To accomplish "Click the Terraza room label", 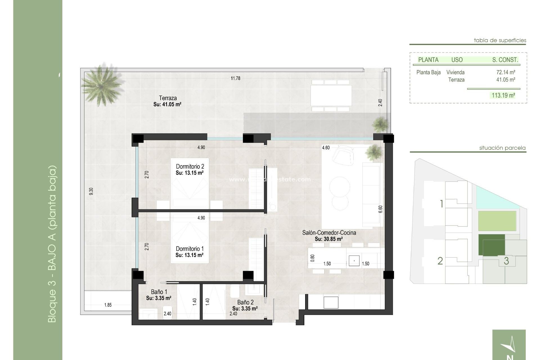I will point(168,98).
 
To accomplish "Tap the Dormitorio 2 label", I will point(190,166).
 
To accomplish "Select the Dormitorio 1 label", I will point(190,249).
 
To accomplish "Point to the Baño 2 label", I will point(245,302).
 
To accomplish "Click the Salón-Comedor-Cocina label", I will point(329,233).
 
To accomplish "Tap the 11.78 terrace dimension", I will point(235,78).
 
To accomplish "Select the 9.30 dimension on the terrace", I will point(91,192).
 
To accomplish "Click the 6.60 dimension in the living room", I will point(381,209).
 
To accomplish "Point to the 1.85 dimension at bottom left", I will point(108,305).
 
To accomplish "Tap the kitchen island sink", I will point(354,261).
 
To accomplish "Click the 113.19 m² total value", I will point(503,95).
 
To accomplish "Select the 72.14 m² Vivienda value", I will point(505,72).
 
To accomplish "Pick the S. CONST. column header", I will point(505,60).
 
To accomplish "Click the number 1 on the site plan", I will point(442,204).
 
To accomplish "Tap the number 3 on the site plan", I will point(506,261).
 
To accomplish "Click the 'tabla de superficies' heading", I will point(500,40).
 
